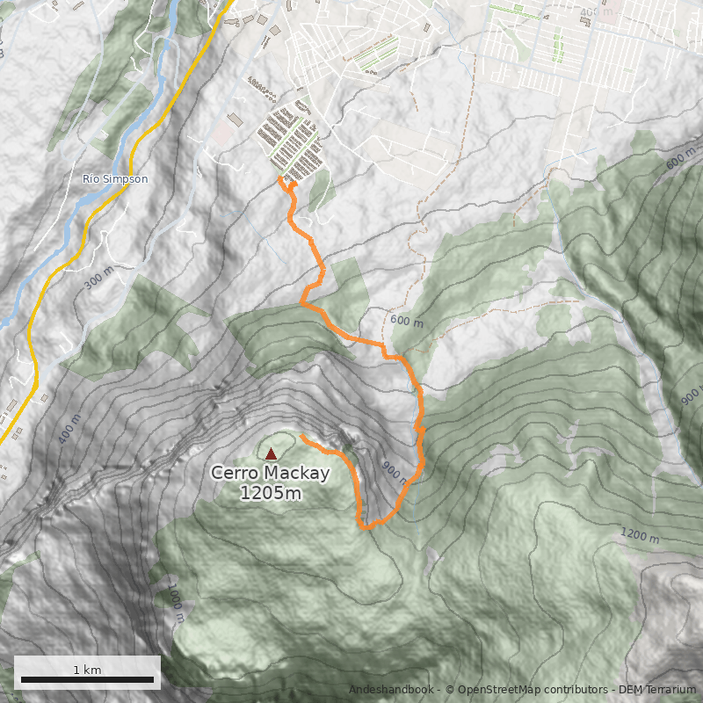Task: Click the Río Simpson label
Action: click(115, 178)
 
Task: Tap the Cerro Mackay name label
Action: click(270, 474)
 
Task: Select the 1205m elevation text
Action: click(270, 493)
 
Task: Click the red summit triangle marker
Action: click(271, 454)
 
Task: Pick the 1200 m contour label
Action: click(640, 535)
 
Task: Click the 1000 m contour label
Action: click(174, 603)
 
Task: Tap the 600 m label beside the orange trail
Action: click(406, 323)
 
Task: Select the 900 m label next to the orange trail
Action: click(395, 472)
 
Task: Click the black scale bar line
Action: click(87, 679)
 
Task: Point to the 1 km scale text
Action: click(87, 670)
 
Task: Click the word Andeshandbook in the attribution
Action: click(391, 690)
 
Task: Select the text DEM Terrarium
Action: click(657, 690)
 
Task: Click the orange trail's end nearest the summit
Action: click(301, 436)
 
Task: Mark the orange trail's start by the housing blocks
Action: click(279, 178)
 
